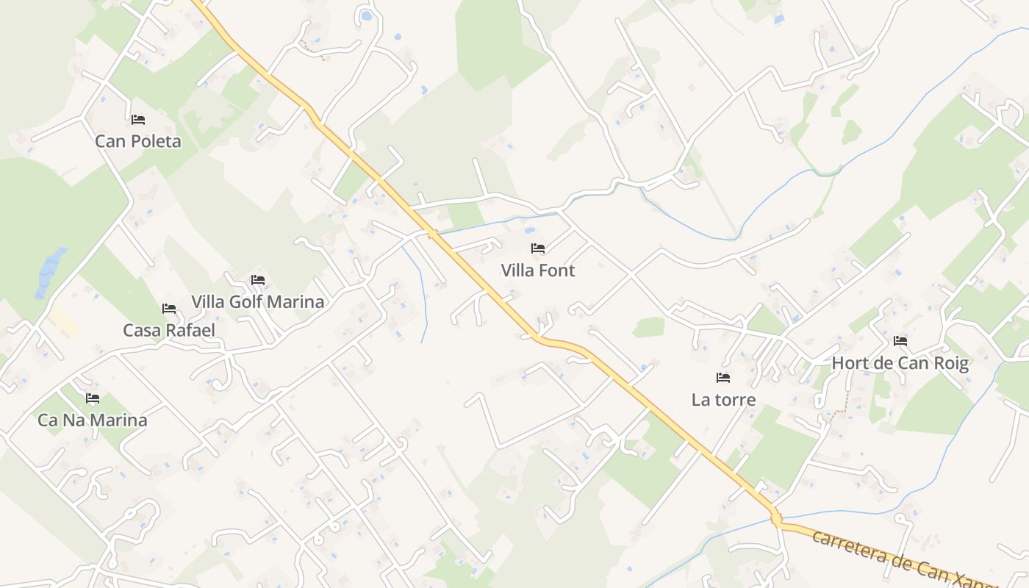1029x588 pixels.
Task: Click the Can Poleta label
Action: click(138, 141)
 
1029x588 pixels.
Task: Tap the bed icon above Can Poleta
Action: click(138, 119)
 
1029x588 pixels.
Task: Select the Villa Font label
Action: click(538, 270)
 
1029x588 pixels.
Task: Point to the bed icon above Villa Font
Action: click(538, 248)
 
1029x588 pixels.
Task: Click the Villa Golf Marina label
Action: click(257, 302)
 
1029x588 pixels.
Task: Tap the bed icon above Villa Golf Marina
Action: click(257, 280)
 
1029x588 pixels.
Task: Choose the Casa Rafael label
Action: click(169, 331)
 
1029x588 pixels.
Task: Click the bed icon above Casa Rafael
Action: click(169, 309)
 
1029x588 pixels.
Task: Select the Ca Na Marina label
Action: click(93, 420)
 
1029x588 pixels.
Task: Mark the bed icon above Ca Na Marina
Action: click(93, 398)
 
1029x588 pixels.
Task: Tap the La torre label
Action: click(723, 400)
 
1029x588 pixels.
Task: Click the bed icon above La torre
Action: click(723, 378)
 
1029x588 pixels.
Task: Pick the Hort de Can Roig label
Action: click(900, 363)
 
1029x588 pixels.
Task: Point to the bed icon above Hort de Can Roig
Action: click(900, 341)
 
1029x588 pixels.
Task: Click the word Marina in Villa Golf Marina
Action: click(295, 302)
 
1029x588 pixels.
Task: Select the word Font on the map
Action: click(557, 270)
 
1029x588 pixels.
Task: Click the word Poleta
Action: click(156, 141)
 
